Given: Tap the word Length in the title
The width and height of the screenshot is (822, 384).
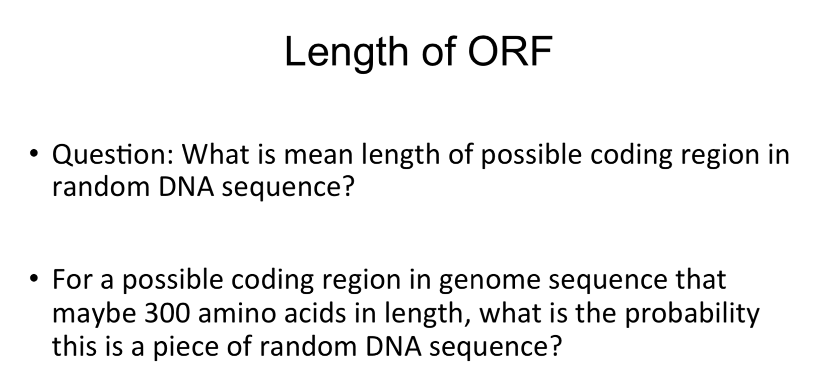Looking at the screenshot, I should click(x=346, y=52).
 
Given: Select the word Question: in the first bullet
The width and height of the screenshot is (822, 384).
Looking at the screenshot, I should click(x=113, y=154).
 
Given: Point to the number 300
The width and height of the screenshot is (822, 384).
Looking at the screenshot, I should click(x=168, y=313).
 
